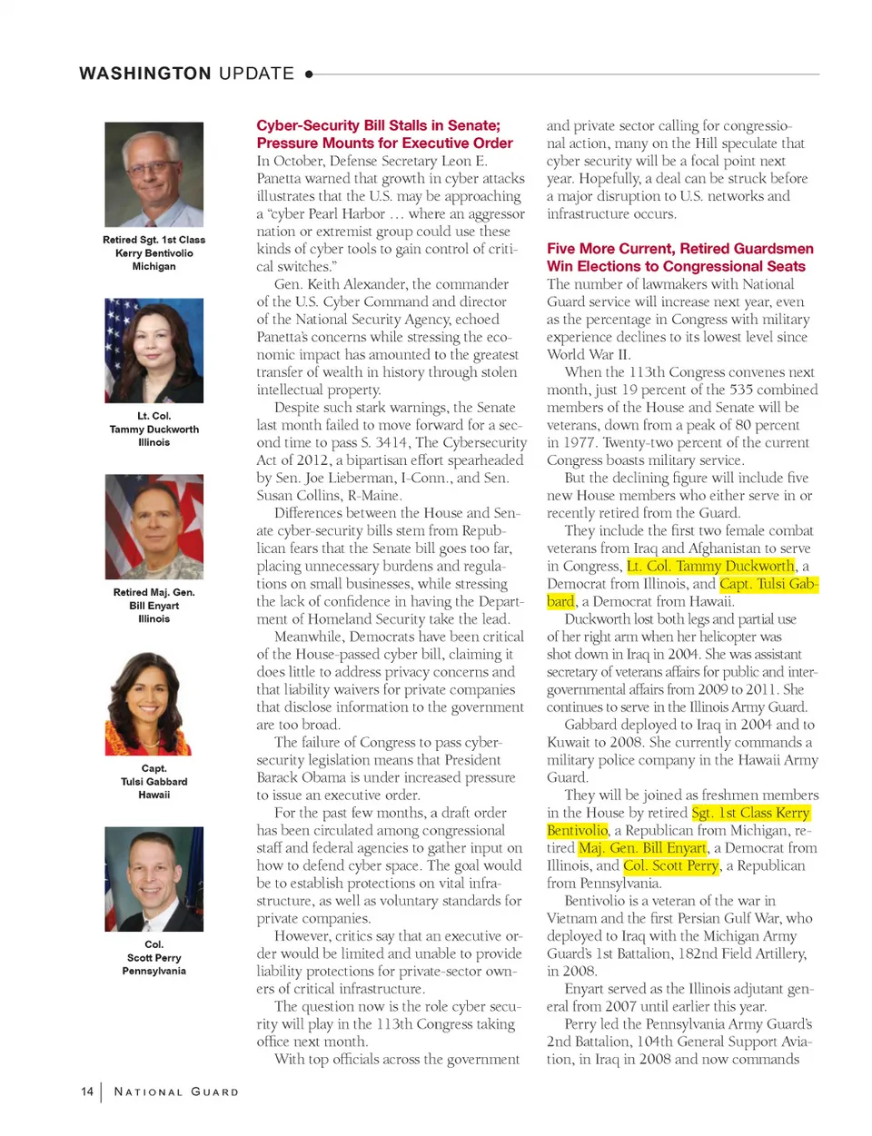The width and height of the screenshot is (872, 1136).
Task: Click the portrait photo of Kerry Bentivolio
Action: pos(154,174)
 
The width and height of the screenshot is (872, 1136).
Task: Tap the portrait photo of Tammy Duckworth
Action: pos(154,351)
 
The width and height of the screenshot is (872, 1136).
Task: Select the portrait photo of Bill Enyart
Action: pos(154,527)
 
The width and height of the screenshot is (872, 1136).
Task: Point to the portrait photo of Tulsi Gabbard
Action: pos(154,703)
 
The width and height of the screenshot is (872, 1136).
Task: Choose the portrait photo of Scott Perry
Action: pos(154,879)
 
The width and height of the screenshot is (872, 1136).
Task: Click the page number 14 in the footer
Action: pos(87,1092)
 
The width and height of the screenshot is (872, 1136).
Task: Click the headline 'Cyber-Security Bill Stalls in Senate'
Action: pos(378,125)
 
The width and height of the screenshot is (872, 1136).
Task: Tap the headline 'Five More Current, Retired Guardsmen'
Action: pos(679,249)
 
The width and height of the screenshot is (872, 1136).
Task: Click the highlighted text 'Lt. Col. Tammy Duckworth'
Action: pos(711,567)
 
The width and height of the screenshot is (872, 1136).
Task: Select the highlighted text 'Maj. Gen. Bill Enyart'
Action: pos(642,848)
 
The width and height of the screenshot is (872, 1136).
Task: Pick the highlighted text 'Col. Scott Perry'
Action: pos(671,865)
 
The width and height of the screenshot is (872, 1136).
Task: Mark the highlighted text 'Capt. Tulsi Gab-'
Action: pos(768,584)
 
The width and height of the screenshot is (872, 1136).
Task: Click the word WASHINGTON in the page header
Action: pos(145,74)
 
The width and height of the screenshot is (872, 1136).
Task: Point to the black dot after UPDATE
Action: pos(309,74)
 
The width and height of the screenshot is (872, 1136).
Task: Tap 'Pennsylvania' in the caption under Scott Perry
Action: pos(154,971)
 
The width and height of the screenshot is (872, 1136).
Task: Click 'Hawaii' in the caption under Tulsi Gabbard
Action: pos(154,795)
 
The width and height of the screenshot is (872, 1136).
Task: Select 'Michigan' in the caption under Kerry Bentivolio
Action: pos(154,266)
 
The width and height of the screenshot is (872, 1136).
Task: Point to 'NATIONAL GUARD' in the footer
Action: pos(176,1092)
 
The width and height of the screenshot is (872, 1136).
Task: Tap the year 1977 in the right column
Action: pos(580,443)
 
